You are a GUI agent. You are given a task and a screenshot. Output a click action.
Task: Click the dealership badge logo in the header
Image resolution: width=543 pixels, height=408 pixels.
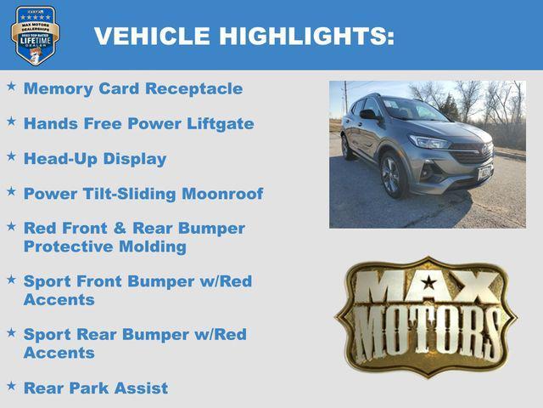[35, 35]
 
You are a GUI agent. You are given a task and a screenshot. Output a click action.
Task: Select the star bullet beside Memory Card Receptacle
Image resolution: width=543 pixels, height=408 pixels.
[11, 87]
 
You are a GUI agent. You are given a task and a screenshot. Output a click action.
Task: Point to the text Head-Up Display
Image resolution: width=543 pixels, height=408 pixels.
[95, 159]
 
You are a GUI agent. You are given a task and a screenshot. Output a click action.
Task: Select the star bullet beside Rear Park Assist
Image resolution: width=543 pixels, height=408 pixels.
[11, 386]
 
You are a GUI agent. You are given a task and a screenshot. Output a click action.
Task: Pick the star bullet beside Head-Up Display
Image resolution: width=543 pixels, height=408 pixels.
[11, 157]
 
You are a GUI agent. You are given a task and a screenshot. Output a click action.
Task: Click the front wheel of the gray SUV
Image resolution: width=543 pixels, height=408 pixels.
[391, 176]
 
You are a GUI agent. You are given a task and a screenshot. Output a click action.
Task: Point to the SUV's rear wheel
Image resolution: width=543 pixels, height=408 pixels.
[345, 148]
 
